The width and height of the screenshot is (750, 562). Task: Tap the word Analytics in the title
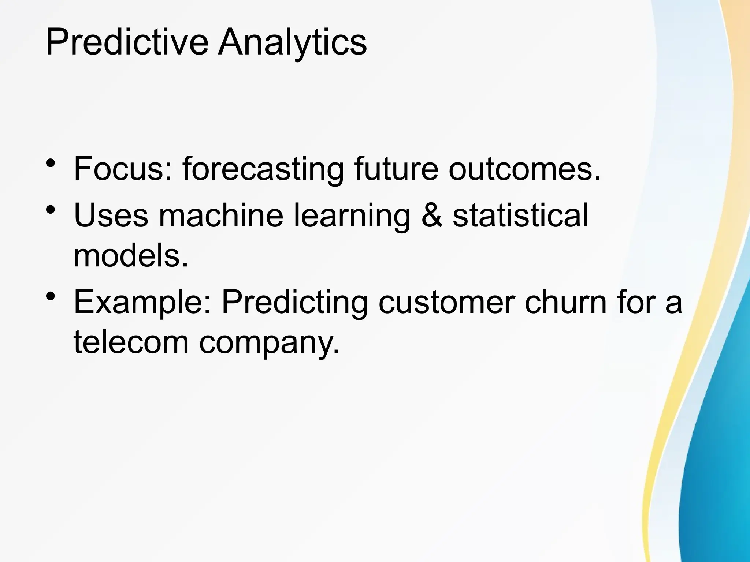tap(292, 42)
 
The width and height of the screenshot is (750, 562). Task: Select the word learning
tap(352, 216)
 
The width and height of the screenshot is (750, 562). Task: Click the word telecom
tap(131, 342)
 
